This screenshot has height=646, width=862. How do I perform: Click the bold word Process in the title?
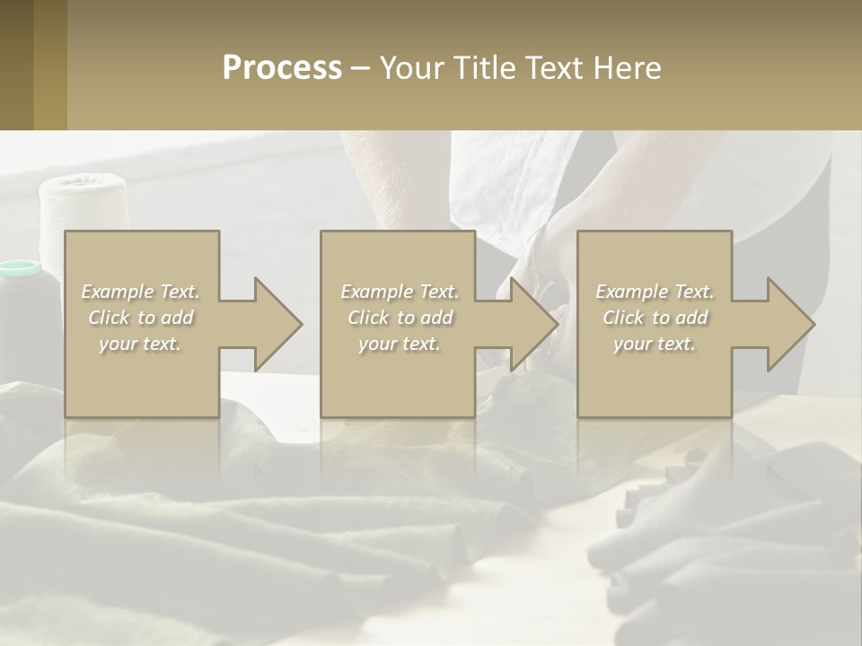coord(282,68)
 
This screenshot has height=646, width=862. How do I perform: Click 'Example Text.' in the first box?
coord(141,292)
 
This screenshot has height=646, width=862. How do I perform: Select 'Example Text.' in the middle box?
coord(400,292)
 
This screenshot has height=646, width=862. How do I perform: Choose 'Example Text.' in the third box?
coord(655,292)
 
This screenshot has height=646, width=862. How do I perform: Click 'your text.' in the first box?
coord(141,344)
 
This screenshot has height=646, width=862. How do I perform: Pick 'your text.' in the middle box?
coord(400,344)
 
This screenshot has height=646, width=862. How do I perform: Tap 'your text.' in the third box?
coord(655,344)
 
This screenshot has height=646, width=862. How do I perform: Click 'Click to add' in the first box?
coord(141,318)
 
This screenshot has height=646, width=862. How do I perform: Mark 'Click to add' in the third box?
coord(655,318)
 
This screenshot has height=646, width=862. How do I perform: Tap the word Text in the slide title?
coord(555,68)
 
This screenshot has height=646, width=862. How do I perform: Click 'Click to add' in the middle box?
coord(400,318)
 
